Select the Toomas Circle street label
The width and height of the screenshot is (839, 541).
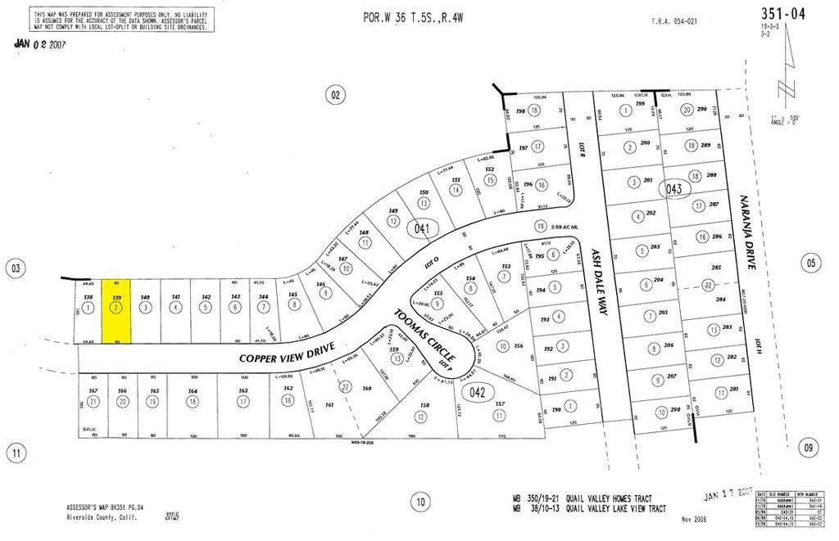pyautogui.click(x=424, y=336)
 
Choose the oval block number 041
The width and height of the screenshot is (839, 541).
pyautogui.click(x=423, y=228)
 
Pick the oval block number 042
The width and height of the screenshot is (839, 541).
pyautogui.click(x=478, y=393)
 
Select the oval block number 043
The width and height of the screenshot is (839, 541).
pyautogui.click(x=674, y=188)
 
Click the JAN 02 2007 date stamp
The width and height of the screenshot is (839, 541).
pyautogui.click(x=41, y=45)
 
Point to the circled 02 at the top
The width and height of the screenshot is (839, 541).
pyautogui.click(x=335, y=94)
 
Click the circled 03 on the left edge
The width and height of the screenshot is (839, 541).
pyautogui.click(x=14, y=268)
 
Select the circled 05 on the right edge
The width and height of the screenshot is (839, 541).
pyautogui.click(x=811, y=263)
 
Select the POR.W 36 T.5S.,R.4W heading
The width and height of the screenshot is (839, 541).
pyautogui.click(x=413, y=17)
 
